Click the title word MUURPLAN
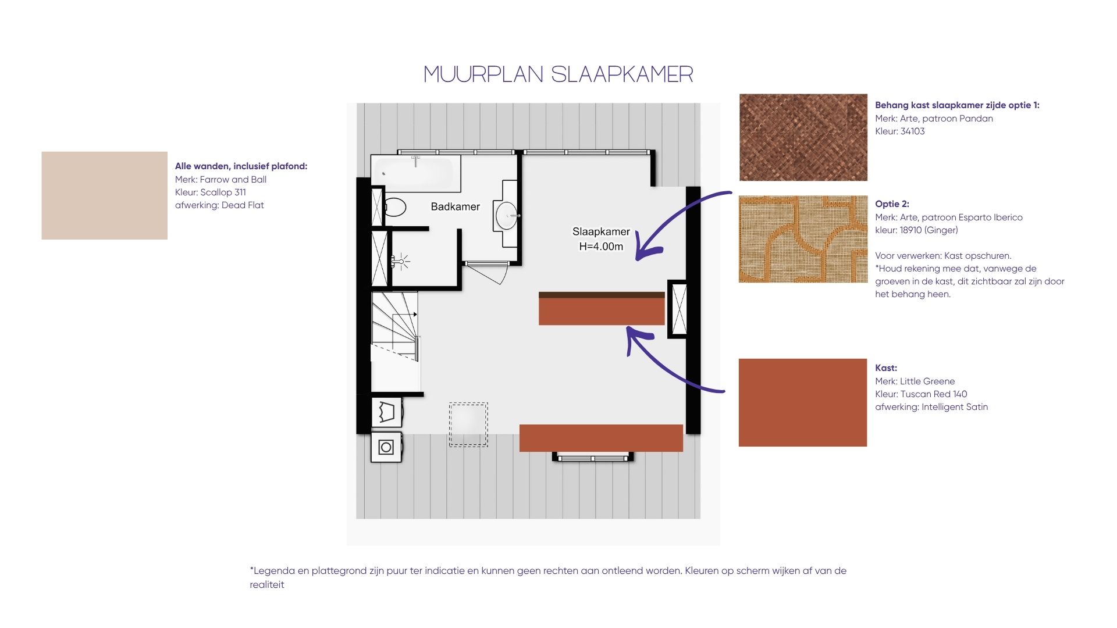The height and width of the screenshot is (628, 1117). click(483, 74)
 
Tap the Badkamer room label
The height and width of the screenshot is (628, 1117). click(456, 206)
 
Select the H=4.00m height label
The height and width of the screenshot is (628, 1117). click(601, 247)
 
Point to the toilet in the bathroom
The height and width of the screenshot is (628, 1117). click(394, 207)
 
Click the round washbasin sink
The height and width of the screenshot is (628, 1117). click(507, 215)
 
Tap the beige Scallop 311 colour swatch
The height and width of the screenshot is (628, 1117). click(105, 195)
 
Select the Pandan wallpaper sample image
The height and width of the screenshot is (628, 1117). click(803, 137)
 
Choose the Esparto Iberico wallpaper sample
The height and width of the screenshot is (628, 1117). click(803, 239)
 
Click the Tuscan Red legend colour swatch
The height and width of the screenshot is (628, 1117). click(803, 402)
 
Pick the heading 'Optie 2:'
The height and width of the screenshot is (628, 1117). click(892, 204)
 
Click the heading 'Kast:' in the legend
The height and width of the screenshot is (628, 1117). click(886, 368)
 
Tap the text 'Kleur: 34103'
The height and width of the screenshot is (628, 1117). click(900, 131)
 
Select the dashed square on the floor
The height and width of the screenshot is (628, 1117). click(468, 424)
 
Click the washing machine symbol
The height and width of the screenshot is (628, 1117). click(386, 447)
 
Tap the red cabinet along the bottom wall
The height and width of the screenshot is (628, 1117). click(601, 438)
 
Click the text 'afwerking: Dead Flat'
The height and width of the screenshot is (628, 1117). click(219, 205)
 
